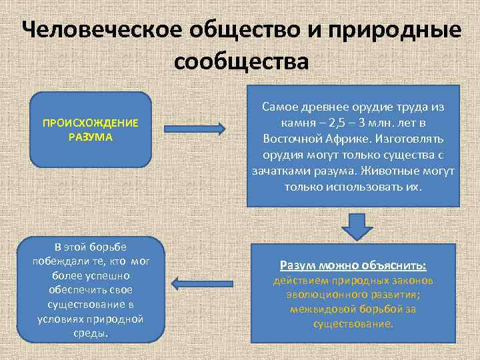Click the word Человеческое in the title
click(x=97, y=31)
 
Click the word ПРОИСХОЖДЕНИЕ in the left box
click(x=91, y=123)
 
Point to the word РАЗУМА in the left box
click(x=91, y=137)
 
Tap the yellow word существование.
click(x=353, y=323)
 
